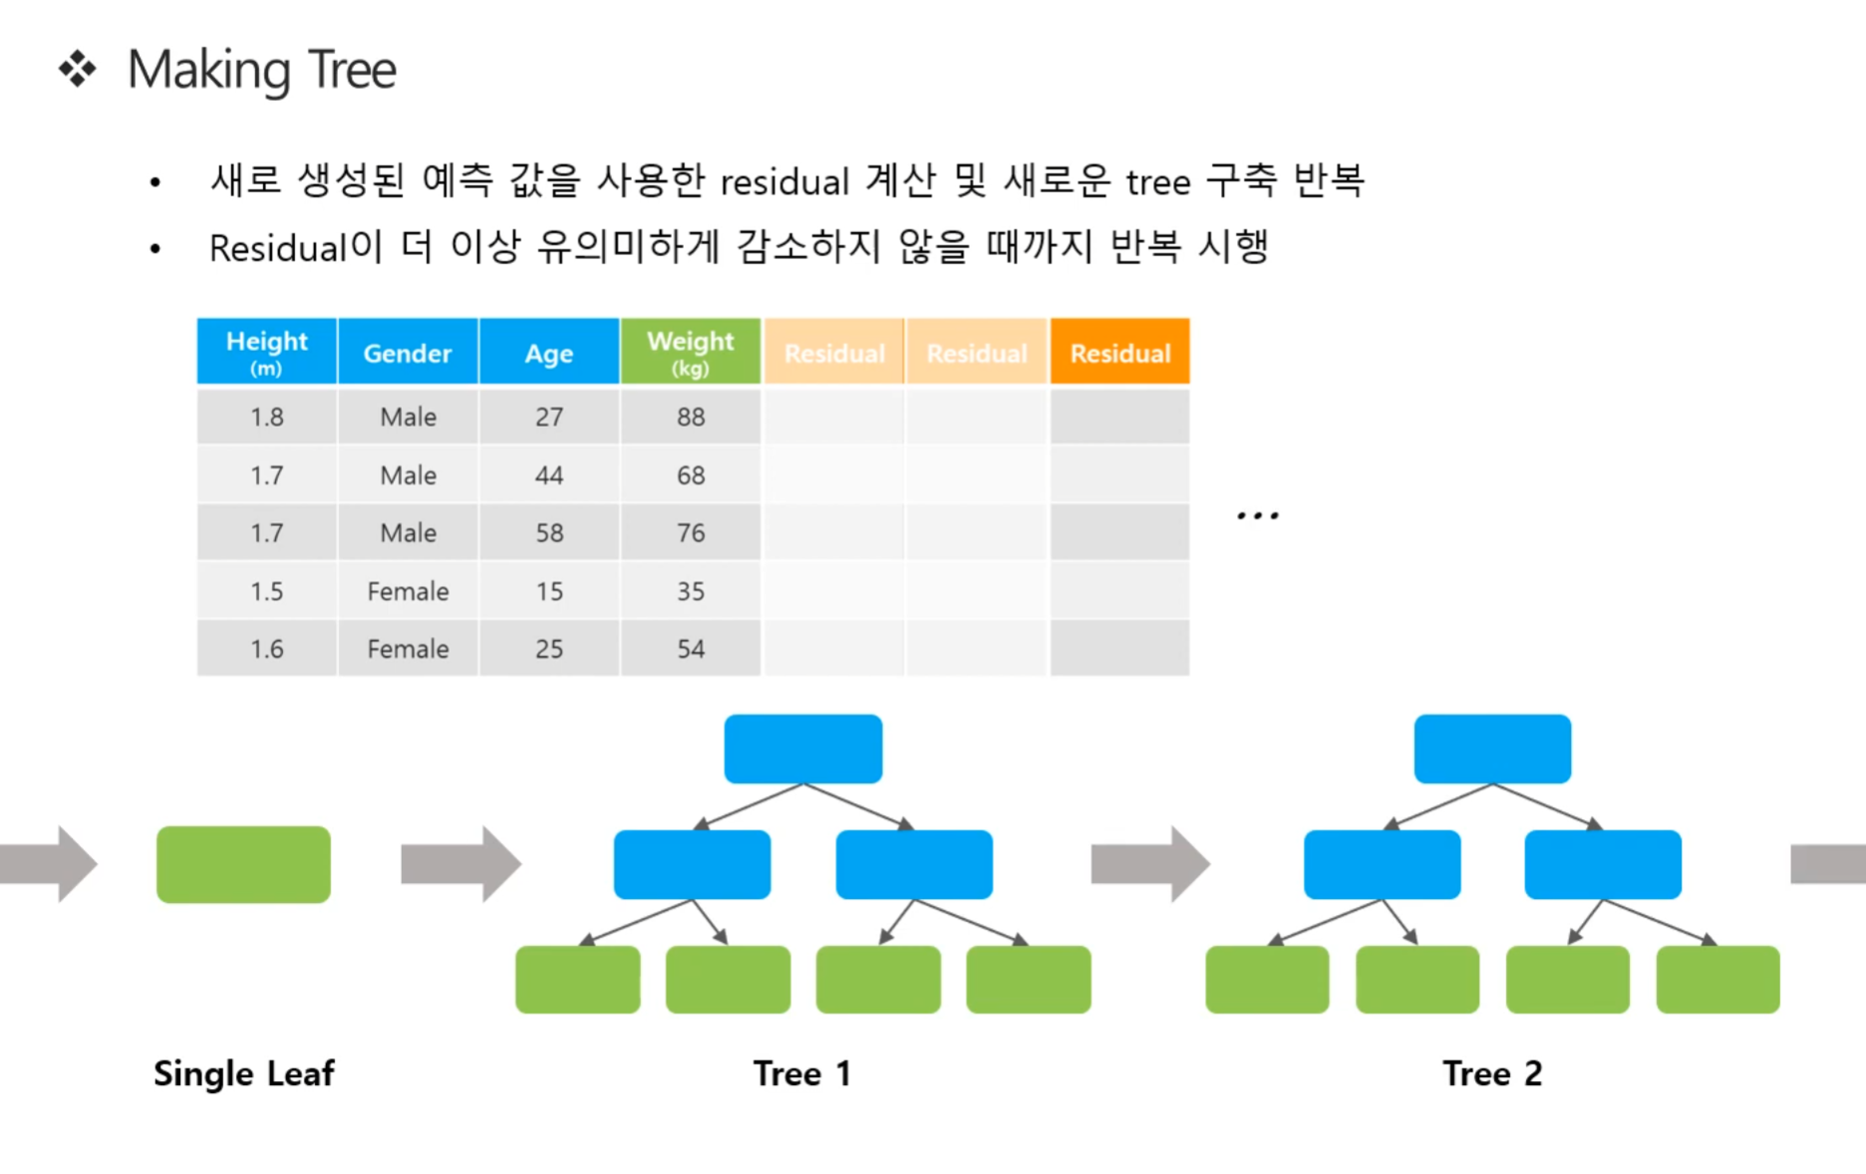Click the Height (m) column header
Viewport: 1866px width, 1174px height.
pos(267,352)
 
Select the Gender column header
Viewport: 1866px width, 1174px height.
pos(408,352)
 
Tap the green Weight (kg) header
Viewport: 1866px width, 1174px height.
pos(690,352)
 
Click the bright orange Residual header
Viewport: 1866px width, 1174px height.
pos(1119,352)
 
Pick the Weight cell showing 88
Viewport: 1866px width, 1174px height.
pos(690,417)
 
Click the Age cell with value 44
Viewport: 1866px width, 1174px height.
pos(549,475)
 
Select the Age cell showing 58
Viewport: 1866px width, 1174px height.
pos(549,533)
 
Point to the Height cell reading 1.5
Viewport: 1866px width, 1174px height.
pos(267,591)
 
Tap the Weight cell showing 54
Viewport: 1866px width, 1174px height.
pos(690,649)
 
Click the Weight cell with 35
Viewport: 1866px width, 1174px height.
pos(690,591)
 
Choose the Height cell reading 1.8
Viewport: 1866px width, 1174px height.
pos(267,417)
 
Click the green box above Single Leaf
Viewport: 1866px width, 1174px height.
pos(243,864)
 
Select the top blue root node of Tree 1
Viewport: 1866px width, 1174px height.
pos(803,748)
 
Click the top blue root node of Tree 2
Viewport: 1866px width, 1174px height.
pos(1492,748)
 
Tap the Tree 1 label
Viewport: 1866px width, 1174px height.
pos(802,1073)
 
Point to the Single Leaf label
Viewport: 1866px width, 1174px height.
pos(244,1073)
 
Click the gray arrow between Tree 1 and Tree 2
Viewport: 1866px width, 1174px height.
pos(1150,864)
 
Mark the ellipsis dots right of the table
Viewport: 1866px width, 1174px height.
pos(1258,515)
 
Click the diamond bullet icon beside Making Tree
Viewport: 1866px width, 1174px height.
pos(78,70)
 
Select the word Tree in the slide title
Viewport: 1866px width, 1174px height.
pos(353,70)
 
